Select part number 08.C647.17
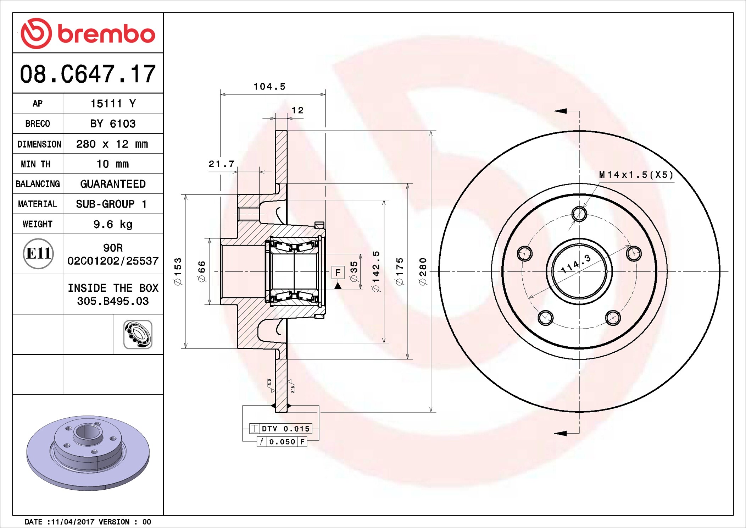point(88,74)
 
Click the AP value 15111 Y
point(113,104)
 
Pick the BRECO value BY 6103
point(113,124)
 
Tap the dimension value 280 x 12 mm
point(112,144)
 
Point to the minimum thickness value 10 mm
point(113,164)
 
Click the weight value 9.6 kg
point(113,224)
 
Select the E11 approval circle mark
point(38,254)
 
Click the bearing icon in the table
point(138,334)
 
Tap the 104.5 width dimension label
point(269,87)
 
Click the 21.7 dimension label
point(222,164)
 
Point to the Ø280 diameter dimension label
point(423,271)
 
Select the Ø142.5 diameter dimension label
point(376,271)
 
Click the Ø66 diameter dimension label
point(202,271)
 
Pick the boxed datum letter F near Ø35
point(338,273)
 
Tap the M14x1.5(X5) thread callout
point(636,175)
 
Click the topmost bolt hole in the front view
point(579,214)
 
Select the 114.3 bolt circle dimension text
point(576,264)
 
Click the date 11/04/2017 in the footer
point(72,522)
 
